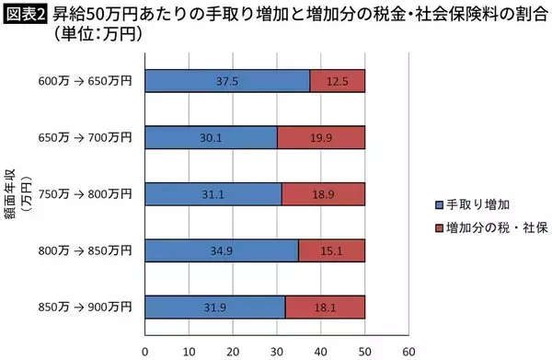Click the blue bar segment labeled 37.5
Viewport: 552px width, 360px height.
[x=227, y=81]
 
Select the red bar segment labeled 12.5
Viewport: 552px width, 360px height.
[x=338, y=81]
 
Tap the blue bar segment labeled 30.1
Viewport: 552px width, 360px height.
[x=211, y=137]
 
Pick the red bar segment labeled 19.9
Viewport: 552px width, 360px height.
[x=321, y=137]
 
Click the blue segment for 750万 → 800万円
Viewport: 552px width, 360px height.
[x=213, y=193]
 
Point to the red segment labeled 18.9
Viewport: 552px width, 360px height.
[x=323, y=193]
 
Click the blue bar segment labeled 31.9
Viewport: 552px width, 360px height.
[x=215, y=306]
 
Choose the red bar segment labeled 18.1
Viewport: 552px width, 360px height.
[x=325, y=306]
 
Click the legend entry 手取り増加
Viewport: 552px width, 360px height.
[x=474, y=203]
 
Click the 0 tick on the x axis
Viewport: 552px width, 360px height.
[x=145, y=350]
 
